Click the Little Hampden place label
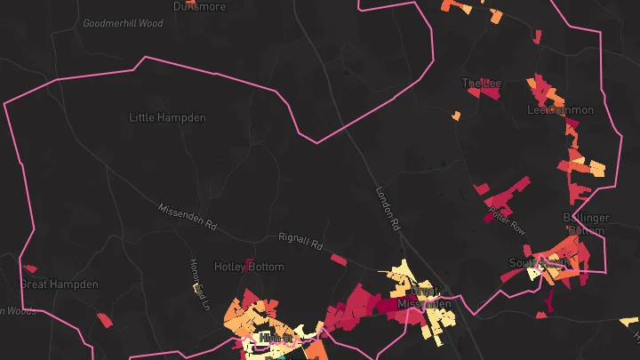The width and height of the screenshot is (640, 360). [167, 117]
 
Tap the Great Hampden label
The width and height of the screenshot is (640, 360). [58, 284]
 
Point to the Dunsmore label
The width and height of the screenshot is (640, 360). [199, 5]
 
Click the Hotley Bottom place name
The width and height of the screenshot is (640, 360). [249, 267]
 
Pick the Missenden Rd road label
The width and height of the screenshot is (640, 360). [187, 213]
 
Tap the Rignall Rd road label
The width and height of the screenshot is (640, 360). [300, 241]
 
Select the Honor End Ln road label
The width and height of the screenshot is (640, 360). [199, 285]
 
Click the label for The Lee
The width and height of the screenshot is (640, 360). [481, 84]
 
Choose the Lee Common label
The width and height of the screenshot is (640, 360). [560, 110]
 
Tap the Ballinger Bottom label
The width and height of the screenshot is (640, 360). [586, 224]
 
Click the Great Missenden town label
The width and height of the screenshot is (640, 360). [420, 298]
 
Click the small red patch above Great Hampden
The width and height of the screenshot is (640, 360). [29, 268]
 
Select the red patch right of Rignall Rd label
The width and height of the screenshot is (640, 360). [338, 260]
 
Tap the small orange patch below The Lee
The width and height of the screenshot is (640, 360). [456, 116]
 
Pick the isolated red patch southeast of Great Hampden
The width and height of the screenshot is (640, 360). [105, 320]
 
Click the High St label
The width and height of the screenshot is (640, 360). [269, 338]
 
